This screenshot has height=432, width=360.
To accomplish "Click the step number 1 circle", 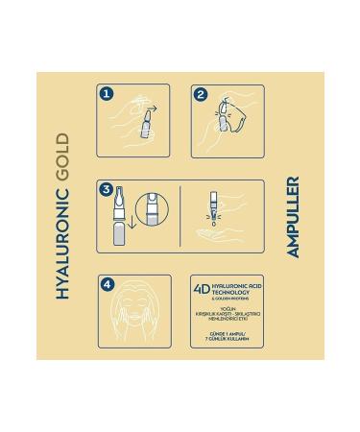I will [x=106, y=94].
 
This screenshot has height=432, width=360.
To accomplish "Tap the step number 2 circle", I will [x=200, y=94].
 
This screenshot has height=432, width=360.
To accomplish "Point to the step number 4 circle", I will [x=106, y=285].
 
